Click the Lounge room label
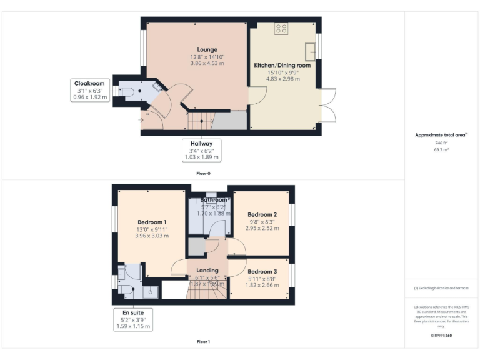[x=207, y=49]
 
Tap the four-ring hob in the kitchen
[x=281, y=29]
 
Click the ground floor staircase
[x=202, y=120]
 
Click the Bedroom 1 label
[x=152, y=222]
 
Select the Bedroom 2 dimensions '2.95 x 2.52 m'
[x=262, y=229]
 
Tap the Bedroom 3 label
[x=262, y=272]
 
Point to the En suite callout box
[x=132, y=319]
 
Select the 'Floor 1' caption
[x=203, y=342]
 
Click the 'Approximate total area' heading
[x=441, y=135]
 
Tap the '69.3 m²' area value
[x=441, y=151]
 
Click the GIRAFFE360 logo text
[x=441, y=336]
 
